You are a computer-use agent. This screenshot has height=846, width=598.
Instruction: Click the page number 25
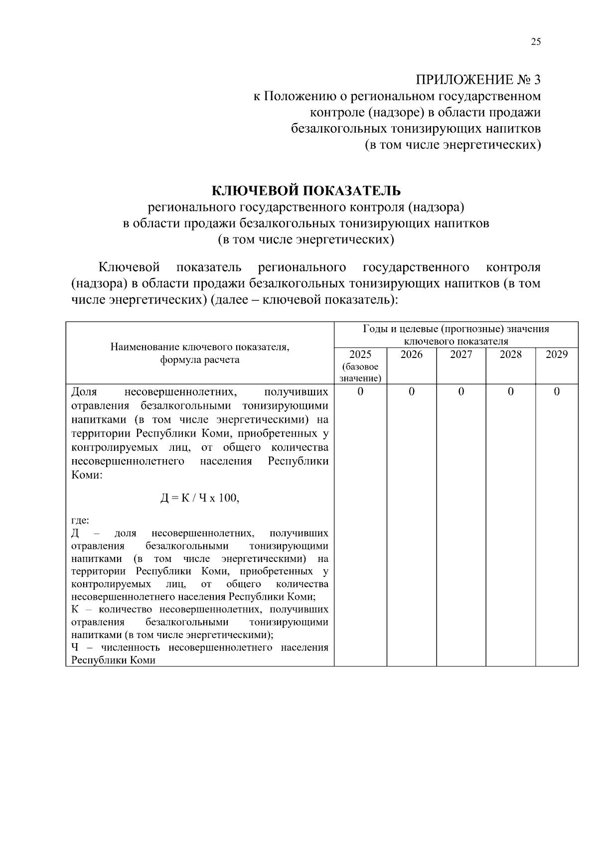pos(535,42)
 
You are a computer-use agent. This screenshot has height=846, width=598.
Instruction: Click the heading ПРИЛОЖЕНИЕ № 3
pos(478,80)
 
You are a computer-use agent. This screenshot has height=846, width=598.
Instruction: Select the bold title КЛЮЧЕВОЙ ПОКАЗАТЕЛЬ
pos(306,190)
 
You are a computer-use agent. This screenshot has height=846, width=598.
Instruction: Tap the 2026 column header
pos(411,354)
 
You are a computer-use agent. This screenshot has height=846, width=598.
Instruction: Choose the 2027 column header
pos(461,354)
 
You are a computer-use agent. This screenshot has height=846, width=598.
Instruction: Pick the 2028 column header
pos(510,354)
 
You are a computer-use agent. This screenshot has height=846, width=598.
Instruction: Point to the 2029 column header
pos(557,354)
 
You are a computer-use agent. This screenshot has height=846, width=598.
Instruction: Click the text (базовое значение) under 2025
pos(360,373)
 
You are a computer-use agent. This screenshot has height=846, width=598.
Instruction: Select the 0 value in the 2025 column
pos(360,392)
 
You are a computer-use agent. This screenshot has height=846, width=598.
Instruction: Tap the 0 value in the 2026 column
pos(411,392)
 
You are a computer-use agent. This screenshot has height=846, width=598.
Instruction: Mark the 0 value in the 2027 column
pos(461,392)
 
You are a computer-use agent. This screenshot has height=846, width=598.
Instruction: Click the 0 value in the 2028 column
pos(510,392)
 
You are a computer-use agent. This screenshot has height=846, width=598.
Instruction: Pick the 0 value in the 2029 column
pos(557,392)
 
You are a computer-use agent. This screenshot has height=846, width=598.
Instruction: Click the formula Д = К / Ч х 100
pos(200,498)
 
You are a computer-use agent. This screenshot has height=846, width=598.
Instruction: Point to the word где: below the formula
pos(80,520)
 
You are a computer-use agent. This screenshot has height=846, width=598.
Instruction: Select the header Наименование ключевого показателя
pos(200,347)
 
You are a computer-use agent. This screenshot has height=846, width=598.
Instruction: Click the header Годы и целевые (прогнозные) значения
pos(456,329)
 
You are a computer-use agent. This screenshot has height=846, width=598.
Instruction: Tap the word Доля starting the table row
pos(84,392)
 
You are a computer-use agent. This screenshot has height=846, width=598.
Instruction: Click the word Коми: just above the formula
pos(87,475)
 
